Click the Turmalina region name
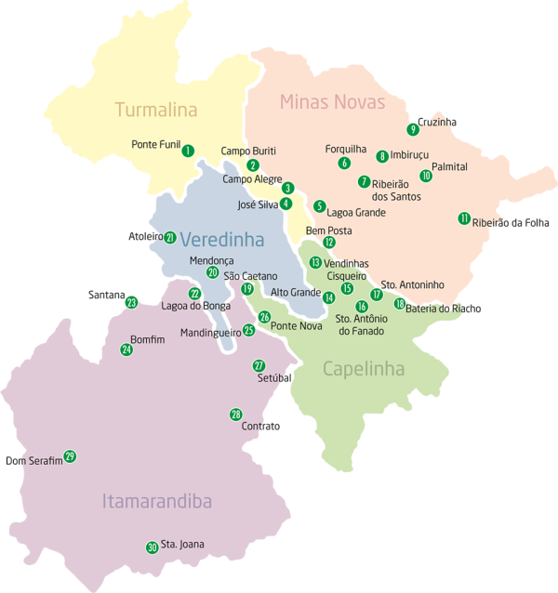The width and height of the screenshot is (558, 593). [x=156, y=110]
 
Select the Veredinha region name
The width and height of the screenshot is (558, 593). [x=222, y=240]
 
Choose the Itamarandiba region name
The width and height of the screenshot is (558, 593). [x=156, y=502]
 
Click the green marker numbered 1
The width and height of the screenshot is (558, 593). [x=188, y=151]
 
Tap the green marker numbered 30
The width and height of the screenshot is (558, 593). [x=152, y=547]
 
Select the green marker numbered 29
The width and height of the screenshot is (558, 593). [x=70, y=456]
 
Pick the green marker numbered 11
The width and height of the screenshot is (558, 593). [x=463, y=218]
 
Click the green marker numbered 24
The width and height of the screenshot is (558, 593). [x=126, y=349]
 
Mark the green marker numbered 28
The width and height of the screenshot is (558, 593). [x=235, y=415]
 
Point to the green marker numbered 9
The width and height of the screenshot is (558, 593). [x=413, y=129]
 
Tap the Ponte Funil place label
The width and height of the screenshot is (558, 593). [x=155, y=144]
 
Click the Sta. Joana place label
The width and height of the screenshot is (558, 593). [x=182, y=545]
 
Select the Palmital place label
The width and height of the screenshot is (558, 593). [x=449, y=167]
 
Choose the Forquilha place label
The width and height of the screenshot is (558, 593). [x=345, y=149]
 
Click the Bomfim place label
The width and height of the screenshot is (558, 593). [x=148, y=339]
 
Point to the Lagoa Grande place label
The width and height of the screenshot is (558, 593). [x=356, y=212]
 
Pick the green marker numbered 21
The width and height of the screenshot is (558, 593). [x=170, y=238]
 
